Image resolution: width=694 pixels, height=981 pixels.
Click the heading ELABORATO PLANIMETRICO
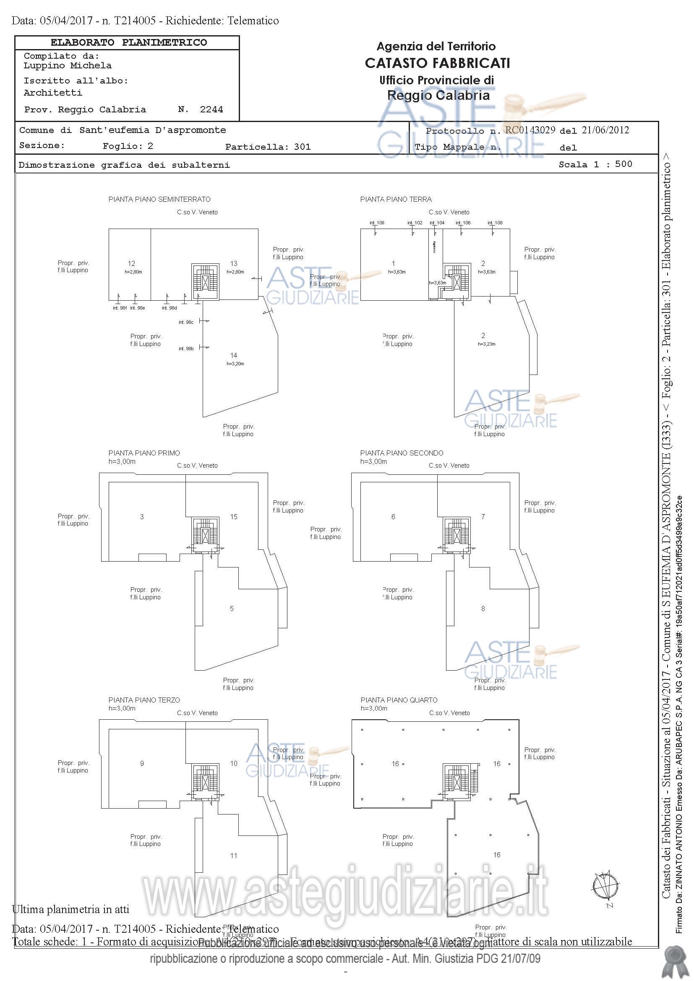click(x=129, y=43)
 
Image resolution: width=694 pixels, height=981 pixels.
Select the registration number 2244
click(x=211, y=110)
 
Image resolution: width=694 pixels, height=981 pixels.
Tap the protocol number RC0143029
click(x=530, y=130)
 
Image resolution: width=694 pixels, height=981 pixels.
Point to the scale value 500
click(x=624, y=164)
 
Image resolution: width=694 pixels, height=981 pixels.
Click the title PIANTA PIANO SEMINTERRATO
click(x=159, y=200)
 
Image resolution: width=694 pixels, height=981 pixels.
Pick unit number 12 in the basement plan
click(x=132, y=264)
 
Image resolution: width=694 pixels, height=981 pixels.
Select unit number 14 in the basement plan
click(x=234, y=356)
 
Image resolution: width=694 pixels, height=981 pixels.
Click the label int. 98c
click(x=186, y=322)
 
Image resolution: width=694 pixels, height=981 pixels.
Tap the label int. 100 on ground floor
click(x=377, y=223)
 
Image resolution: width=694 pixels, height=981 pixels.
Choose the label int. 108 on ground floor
click(x=495, y=223)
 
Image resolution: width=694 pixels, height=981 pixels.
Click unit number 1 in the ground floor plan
click(x=393, y=264)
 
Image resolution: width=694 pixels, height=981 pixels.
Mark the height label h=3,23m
click(x=486, y=344)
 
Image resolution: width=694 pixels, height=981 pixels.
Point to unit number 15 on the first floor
click(x=234, y=517)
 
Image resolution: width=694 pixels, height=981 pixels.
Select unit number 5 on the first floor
click(x=232, y=609)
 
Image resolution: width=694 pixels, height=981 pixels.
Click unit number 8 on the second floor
click(x=483, y=609)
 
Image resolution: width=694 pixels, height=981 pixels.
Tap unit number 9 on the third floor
click(x=142, y=763)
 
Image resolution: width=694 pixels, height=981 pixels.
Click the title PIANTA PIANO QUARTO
click(x=399, y=700)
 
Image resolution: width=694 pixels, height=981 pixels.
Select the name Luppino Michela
click(x=68, y=66)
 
